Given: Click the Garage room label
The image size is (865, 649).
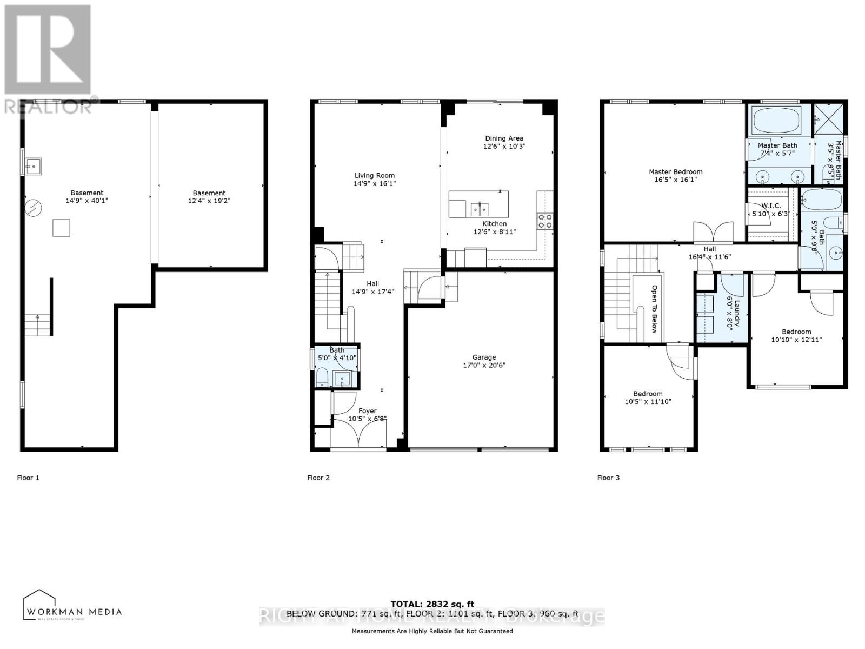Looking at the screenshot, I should coord(484,357).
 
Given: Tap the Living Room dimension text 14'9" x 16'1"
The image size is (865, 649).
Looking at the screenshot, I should coord(374,184).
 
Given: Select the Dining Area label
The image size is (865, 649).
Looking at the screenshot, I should coord(504,138).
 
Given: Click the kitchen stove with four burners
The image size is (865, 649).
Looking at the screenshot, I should coord(544,220).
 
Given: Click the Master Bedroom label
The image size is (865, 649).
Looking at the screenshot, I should coord(675,172).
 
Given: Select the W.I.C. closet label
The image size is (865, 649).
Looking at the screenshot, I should coord(770,206).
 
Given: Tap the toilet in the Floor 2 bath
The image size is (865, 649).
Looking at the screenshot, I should coord(322,377).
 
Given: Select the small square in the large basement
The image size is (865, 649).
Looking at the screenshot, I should coord(61,228).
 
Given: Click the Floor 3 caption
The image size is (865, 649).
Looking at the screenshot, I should coord(608,478).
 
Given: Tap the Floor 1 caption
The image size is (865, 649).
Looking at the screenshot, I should coord(28,478).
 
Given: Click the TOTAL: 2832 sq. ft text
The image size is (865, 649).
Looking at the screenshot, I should coord(432,604).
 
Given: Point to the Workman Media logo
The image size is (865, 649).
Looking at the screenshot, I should coord(72,606).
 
